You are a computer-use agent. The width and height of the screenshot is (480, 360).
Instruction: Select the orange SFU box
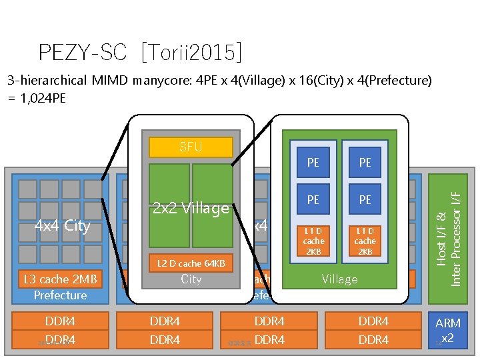coord(191,147)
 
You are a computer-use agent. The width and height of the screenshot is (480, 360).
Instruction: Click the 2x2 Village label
coord(191,208)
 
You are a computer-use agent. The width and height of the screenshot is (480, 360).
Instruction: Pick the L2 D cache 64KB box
coord(191,264)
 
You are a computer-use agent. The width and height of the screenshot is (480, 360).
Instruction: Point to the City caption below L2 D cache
coord(191,279)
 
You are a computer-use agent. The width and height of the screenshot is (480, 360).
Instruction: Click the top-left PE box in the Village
coord(313,163)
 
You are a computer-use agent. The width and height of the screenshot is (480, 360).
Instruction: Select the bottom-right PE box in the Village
coord(365,199)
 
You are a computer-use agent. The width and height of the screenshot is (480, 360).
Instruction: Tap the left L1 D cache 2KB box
coord(313,240)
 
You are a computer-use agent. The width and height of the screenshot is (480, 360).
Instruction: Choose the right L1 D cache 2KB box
coord(365,240)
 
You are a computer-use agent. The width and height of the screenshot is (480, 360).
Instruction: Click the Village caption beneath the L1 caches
coord(339,279)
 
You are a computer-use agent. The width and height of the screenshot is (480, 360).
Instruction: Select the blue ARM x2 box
coord(447,331)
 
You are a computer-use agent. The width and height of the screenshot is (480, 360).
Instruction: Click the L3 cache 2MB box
coord(61,279)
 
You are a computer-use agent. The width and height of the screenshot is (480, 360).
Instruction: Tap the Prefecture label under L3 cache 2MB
coord(61,295)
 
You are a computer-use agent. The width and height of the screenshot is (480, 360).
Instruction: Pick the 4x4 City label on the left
coord(62,225)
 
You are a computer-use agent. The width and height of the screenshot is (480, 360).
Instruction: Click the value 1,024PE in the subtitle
coord(45,97)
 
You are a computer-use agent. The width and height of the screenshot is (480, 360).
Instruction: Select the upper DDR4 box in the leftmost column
coord(61,321)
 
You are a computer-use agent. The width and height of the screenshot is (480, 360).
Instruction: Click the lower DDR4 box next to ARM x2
coord(373,340)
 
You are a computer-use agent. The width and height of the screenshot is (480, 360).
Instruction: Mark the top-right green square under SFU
coord(212,183)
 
